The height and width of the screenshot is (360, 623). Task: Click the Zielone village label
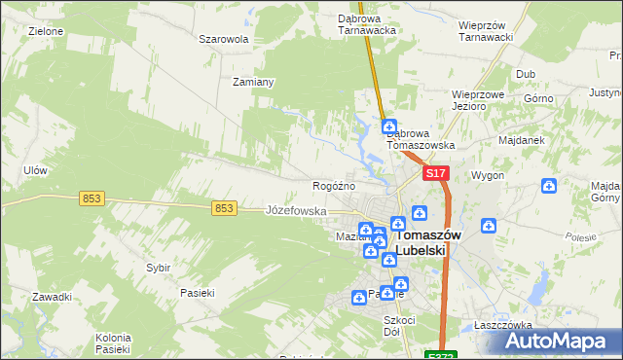coord(46,31)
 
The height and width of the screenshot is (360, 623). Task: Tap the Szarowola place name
coord(224,40)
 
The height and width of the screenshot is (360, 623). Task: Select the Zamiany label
coord(253,82)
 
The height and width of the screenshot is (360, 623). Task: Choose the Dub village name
coord(527,74)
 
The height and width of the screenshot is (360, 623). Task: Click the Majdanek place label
coord(521,140)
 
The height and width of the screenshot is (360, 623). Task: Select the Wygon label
coord(487,176)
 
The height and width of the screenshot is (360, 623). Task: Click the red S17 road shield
coord(435,173)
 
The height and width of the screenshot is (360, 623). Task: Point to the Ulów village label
coord(35,170)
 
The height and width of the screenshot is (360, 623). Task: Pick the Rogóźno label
coord(333,186)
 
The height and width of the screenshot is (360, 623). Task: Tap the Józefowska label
coord(296,210)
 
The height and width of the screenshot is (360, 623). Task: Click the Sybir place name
coord(158,267)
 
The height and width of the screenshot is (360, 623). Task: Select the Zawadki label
coord(52,297)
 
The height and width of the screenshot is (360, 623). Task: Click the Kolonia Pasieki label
coord(113,342)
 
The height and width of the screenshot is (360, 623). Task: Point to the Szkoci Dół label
coord(399,325)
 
